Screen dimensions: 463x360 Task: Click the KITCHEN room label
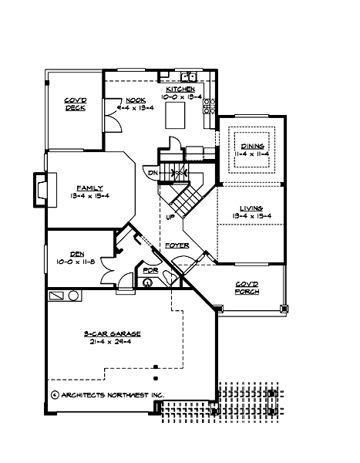tap(183, 90)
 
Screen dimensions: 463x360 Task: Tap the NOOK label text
tap(136, 100)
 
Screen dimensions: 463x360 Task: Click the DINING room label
tap(252, 146)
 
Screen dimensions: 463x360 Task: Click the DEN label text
tap(76, 252)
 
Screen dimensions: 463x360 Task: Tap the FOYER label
tap(177, 245)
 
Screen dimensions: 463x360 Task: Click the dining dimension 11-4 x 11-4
tap(252, 154)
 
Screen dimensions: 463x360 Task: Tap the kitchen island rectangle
tap(179, 116)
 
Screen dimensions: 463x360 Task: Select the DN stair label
tap(153, 174)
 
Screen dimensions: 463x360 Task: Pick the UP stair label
tap(170, 217)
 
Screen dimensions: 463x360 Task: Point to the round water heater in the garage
tap(74, 296)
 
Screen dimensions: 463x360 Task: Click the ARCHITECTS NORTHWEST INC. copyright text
tap(107, 394)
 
